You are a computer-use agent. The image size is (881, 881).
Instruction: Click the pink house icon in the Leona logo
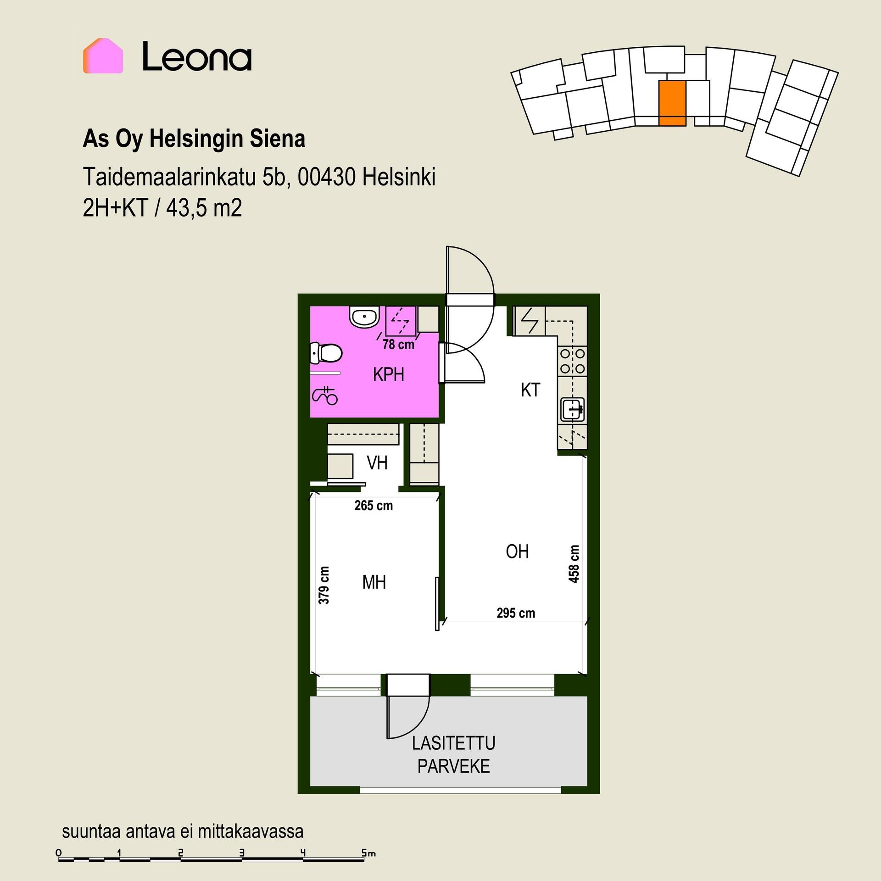(103, 56)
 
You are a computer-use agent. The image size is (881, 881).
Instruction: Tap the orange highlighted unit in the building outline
(672, 103)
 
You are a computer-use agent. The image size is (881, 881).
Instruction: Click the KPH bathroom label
(388, 375)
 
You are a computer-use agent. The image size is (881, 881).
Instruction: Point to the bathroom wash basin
(364, 317)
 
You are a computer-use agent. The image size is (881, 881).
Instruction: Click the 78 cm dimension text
(398, 344)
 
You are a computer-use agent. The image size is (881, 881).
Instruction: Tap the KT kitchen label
(530, 390)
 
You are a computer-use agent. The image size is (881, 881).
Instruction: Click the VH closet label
(377, 463)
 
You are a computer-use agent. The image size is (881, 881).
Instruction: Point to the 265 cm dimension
(374, 506)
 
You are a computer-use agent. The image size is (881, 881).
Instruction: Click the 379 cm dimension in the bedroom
(324, 585)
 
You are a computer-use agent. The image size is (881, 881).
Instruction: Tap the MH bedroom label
(374, 583)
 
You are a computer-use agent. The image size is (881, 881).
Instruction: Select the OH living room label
(517, 552)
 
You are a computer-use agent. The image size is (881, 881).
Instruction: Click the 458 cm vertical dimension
(574, 564)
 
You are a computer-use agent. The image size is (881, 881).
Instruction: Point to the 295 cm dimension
(516, 613)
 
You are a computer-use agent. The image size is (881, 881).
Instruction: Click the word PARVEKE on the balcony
(453, 766)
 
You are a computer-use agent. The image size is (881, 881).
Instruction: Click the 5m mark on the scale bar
(368, 853)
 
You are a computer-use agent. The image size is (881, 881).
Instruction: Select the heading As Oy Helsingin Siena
(194, 139)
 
